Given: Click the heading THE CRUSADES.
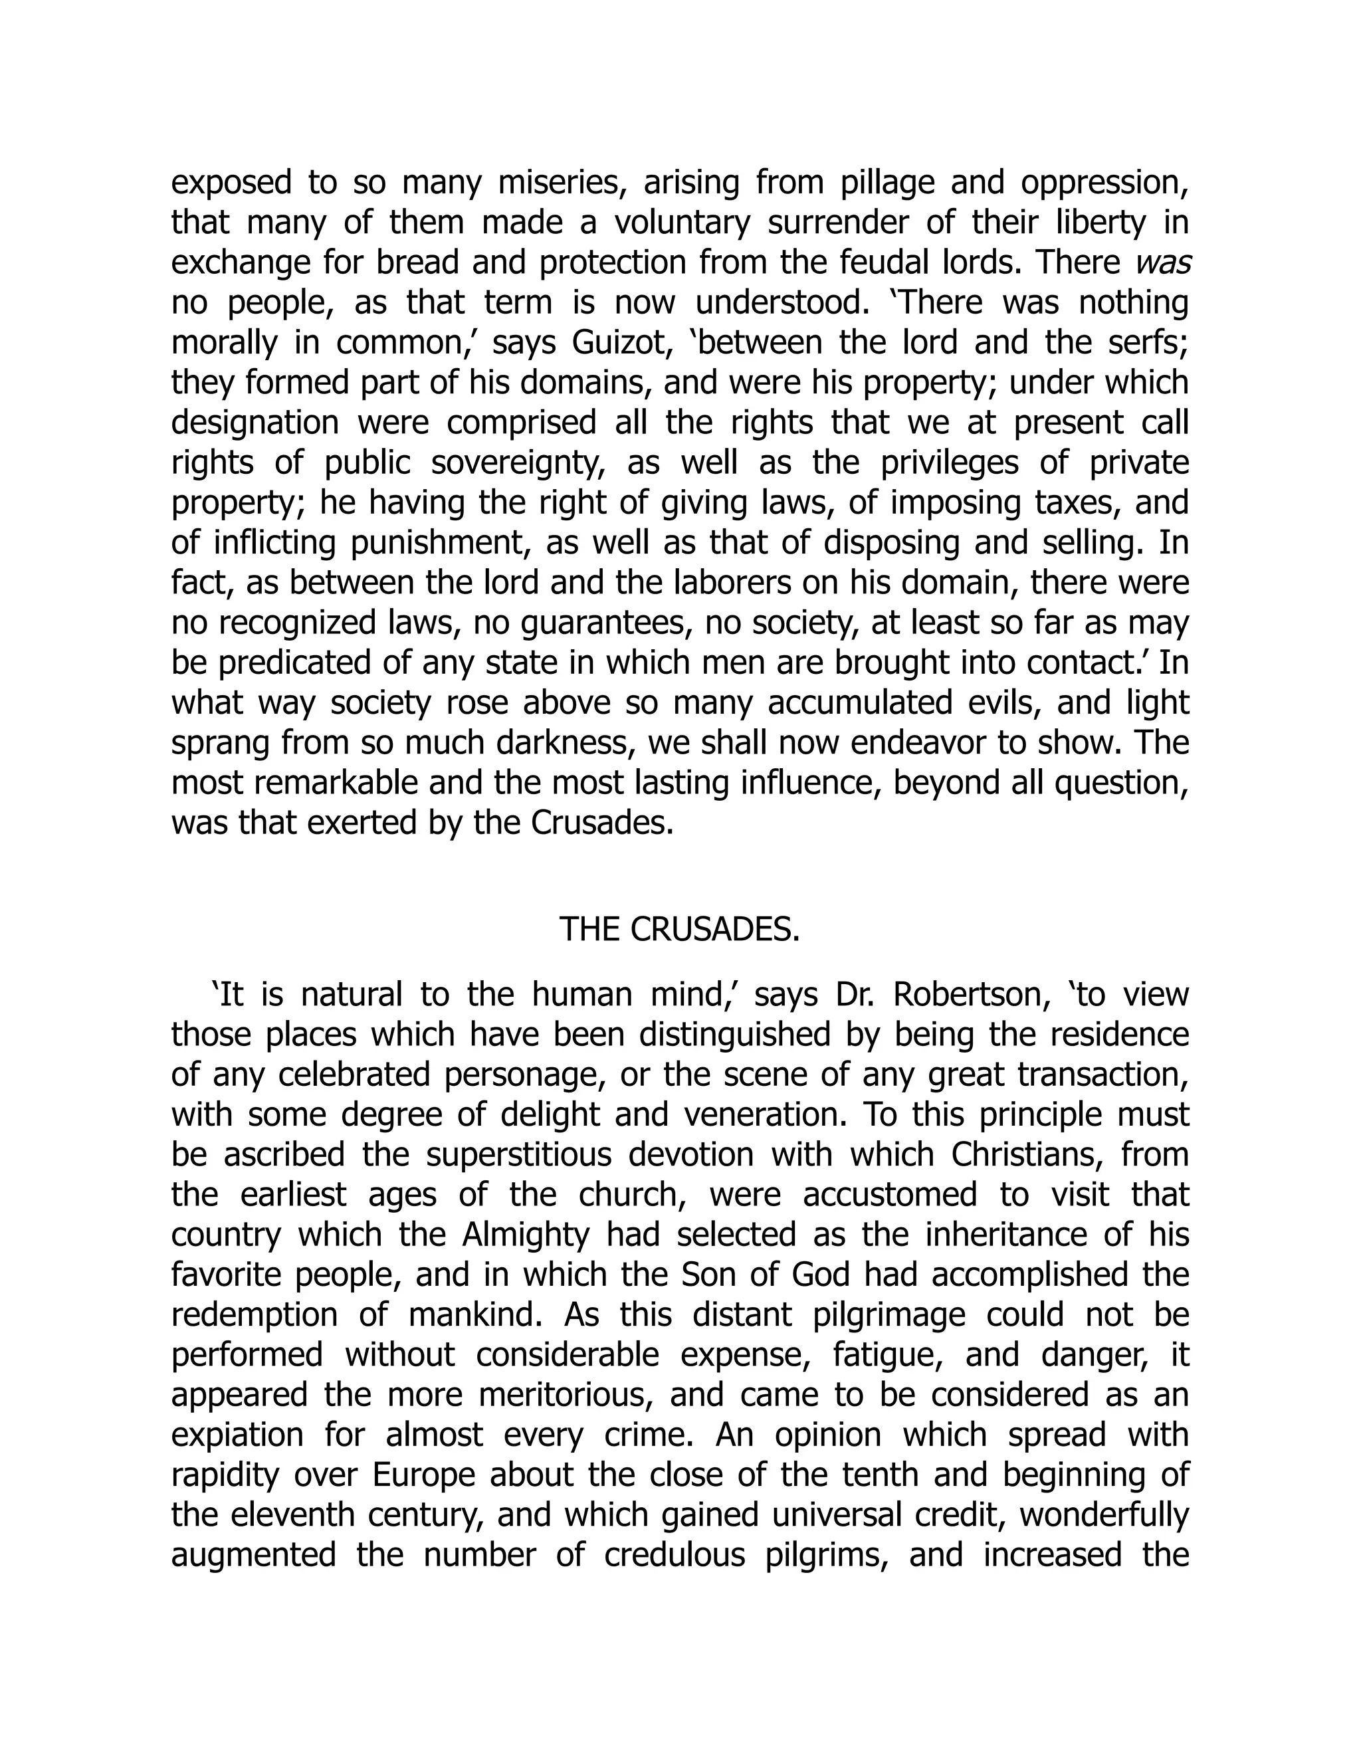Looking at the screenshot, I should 679,930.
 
